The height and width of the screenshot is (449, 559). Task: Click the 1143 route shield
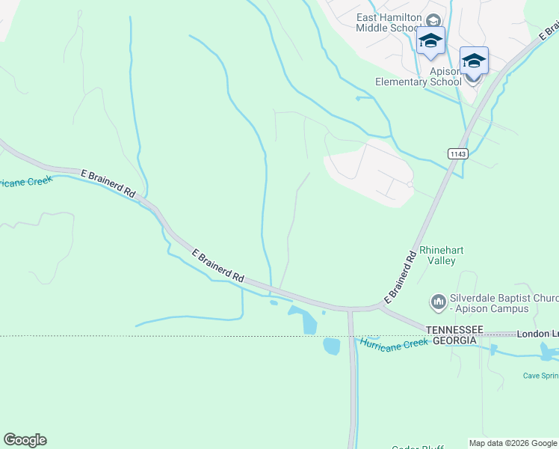pos(457,153)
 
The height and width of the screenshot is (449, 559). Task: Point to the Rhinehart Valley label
pos(437,255)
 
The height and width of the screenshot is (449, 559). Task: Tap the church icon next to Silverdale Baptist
pos(438,302)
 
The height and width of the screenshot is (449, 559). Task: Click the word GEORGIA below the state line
pos(451,340)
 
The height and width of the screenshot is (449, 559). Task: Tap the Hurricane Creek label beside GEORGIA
pos(394,343)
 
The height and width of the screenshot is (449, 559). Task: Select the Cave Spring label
pos(540,376)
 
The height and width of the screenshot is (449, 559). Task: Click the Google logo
pos(25,440)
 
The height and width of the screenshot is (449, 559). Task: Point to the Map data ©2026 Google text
pos(513,443)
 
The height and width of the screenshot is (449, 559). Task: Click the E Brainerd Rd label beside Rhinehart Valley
pos(401,277)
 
